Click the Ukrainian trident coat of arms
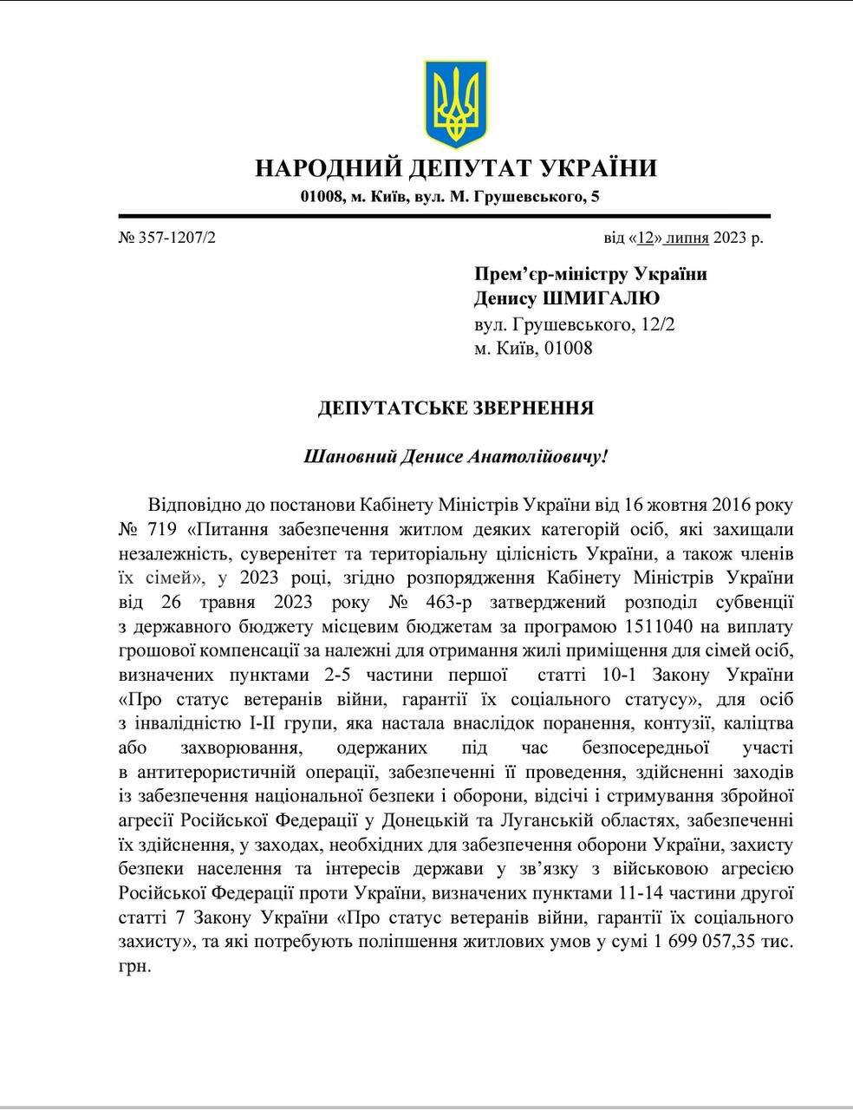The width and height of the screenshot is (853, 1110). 455,103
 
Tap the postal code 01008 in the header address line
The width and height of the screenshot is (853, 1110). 322,198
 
